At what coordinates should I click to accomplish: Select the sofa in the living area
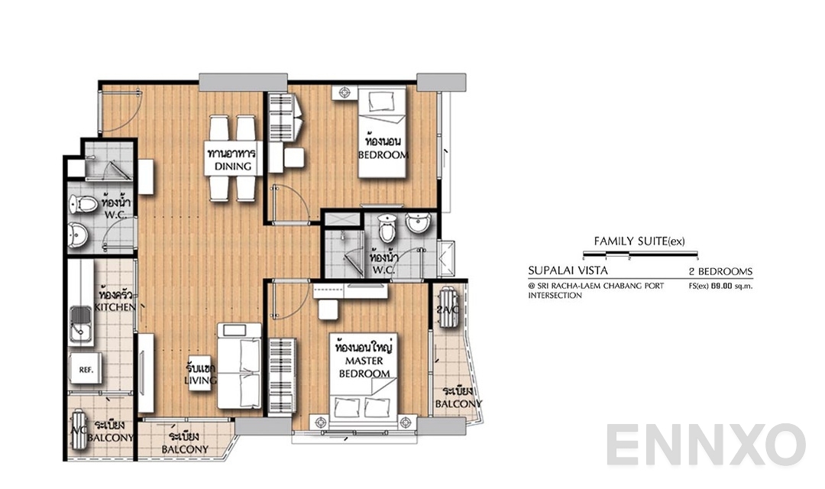click(x=239, y=365)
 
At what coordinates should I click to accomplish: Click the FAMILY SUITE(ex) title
click(x=639, y=241)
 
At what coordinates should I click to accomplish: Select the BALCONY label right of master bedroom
click(x=458, y=397)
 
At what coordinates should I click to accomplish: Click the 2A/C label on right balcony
click(x=446, y=309)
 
